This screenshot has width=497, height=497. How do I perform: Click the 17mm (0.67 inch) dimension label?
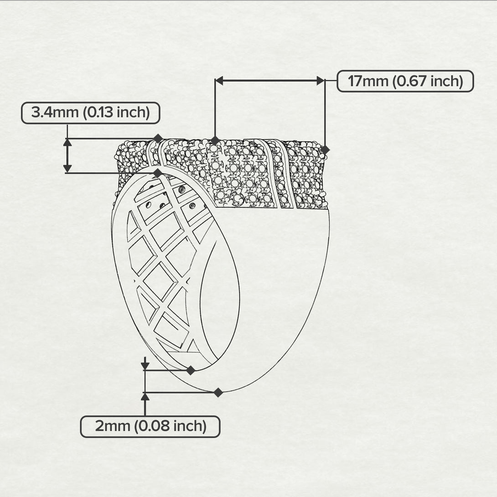(x=405, y=81)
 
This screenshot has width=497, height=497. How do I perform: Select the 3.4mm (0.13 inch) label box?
(x=91, y=113)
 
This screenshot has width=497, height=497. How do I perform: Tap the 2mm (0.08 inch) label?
(x=150, y=427)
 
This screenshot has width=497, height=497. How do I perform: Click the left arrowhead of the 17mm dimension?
(x=219, y=81)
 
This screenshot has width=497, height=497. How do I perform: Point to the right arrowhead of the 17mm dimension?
(x=321, y=81)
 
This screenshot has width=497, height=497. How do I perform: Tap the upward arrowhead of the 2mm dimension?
(x=145, y=397)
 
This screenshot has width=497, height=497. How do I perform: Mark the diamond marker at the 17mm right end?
(x=325, y=150)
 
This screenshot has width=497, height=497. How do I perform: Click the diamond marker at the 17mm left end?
(x=215, y=140)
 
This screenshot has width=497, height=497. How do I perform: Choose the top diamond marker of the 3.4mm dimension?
(x=158, y=139)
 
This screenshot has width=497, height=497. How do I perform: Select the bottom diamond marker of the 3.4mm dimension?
(x=158, y=173)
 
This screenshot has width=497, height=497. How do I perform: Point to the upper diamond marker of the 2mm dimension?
(x=191, y=370)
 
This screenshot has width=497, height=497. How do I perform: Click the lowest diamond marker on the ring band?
(x=218, y=393)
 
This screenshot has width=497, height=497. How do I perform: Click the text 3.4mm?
(x=55, y=113)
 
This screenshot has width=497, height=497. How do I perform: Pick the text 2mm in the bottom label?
(x=113, y=426)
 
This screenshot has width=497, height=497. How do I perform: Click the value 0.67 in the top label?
(x=412, y=81)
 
